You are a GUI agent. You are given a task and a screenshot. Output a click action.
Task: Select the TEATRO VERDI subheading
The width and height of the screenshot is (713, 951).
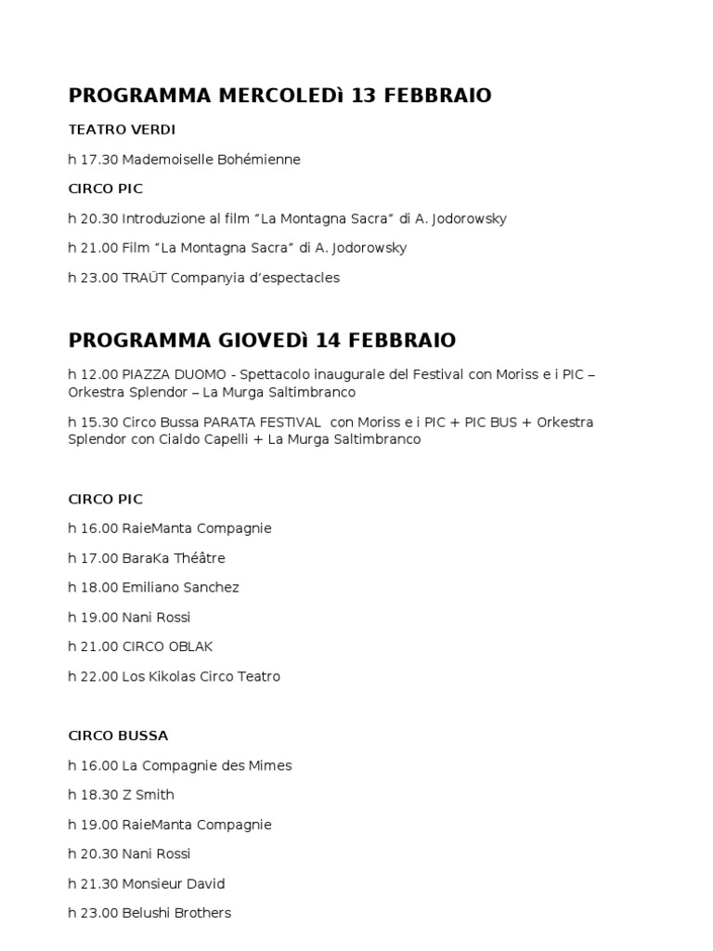[x=122, y=129]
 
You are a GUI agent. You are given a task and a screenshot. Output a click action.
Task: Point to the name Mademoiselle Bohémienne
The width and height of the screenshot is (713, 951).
[x=211, y=160]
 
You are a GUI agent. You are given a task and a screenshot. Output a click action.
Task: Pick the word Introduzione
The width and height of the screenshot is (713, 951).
[x=162, y=219]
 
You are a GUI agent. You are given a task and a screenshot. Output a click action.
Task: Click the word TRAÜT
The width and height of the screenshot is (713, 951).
[x=145, y=278]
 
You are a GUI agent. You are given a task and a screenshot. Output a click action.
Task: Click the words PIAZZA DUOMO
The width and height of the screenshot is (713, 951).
[x=174, y=374]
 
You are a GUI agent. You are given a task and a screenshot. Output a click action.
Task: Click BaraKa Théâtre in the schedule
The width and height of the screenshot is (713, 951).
[x=174, y=558]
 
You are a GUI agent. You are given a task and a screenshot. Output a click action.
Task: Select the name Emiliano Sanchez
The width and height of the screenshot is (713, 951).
[x=180, y=588]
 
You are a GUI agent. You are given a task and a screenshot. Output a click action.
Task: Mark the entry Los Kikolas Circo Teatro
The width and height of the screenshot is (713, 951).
[x=201, y=676]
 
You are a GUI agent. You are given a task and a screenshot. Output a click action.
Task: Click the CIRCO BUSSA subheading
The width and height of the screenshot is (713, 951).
[x=118, y=736]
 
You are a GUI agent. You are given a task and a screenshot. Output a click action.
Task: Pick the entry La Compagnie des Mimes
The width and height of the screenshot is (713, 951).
[x=206, y=765]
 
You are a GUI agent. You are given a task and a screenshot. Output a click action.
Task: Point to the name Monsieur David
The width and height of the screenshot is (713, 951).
[x=173, y=883]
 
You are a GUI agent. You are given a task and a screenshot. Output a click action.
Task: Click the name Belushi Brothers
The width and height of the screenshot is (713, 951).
[x=176, y=913]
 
